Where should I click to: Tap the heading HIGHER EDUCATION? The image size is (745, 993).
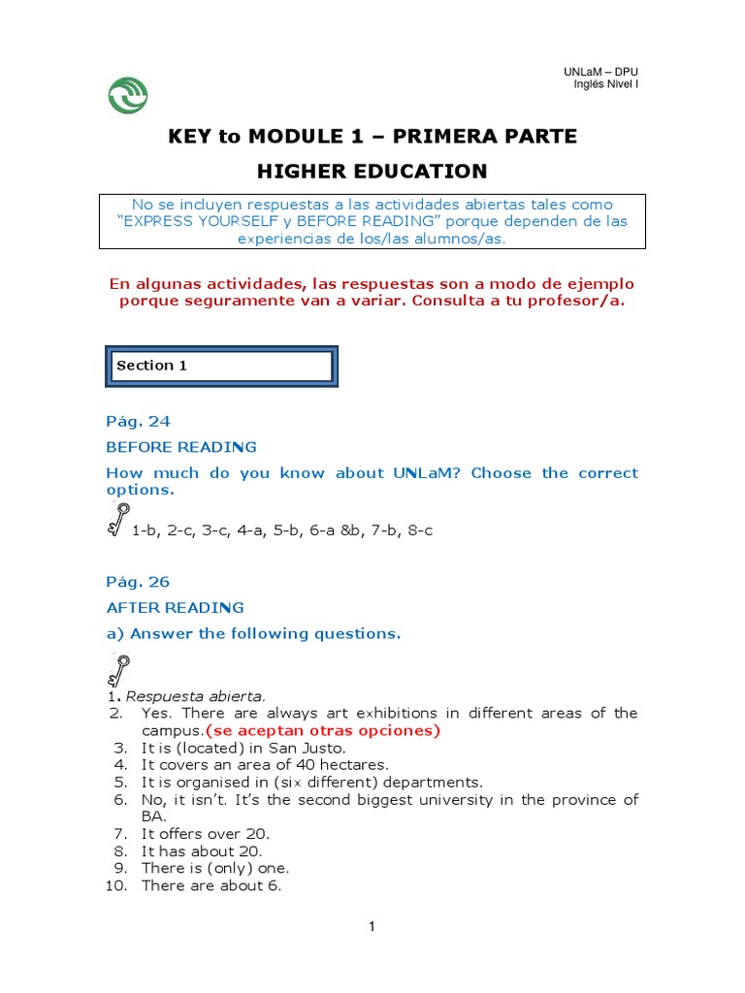372,172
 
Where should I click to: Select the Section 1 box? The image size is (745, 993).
221,367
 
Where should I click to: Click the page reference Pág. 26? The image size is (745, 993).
138,582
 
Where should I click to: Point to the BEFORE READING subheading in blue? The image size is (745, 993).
181,447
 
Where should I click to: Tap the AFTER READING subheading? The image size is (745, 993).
175,607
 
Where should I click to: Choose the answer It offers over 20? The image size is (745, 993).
205,834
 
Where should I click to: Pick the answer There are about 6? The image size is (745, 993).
211,885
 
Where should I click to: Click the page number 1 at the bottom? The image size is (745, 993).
372,927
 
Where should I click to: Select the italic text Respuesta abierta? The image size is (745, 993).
196,695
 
